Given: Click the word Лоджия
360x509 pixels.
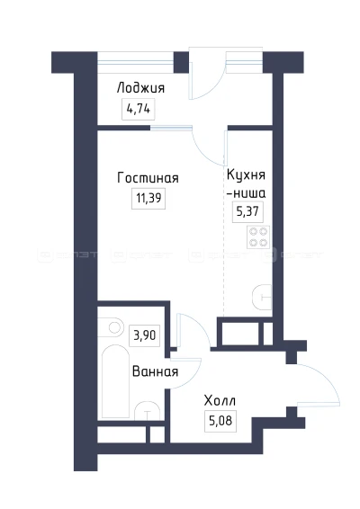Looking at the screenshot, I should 139,88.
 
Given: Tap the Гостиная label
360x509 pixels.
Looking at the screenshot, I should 141,178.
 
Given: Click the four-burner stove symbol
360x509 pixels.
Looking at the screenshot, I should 259,236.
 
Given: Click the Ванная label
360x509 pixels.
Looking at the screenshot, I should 154,371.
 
